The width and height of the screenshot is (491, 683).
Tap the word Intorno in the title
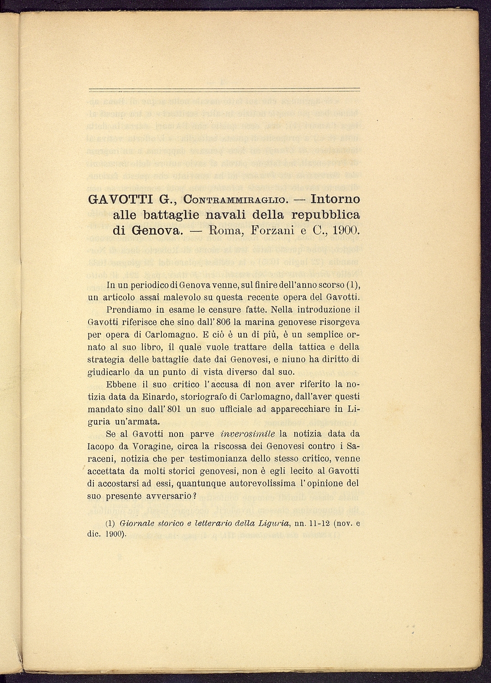click(x=335, y=199)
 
